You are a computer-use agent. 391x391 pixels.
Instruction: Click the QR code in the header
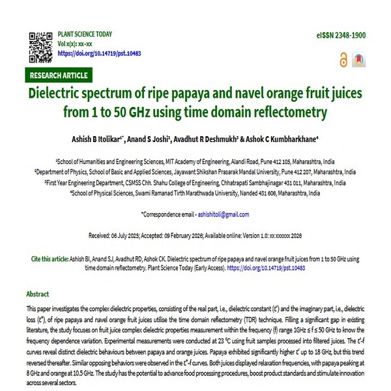click(x=40, y=43)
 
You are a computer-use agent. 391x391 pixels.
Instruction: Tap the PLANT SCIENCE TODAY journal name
click(x=85, y=34)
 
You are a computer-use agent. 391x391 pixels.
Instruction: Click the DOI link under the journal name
click(x=99, y=53)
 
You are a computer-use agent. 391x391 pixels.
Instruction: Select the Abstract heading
click(x=37, y=294)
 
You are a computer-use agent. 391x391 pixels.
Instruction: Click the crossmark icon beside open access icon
click(x=357, y=59)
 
